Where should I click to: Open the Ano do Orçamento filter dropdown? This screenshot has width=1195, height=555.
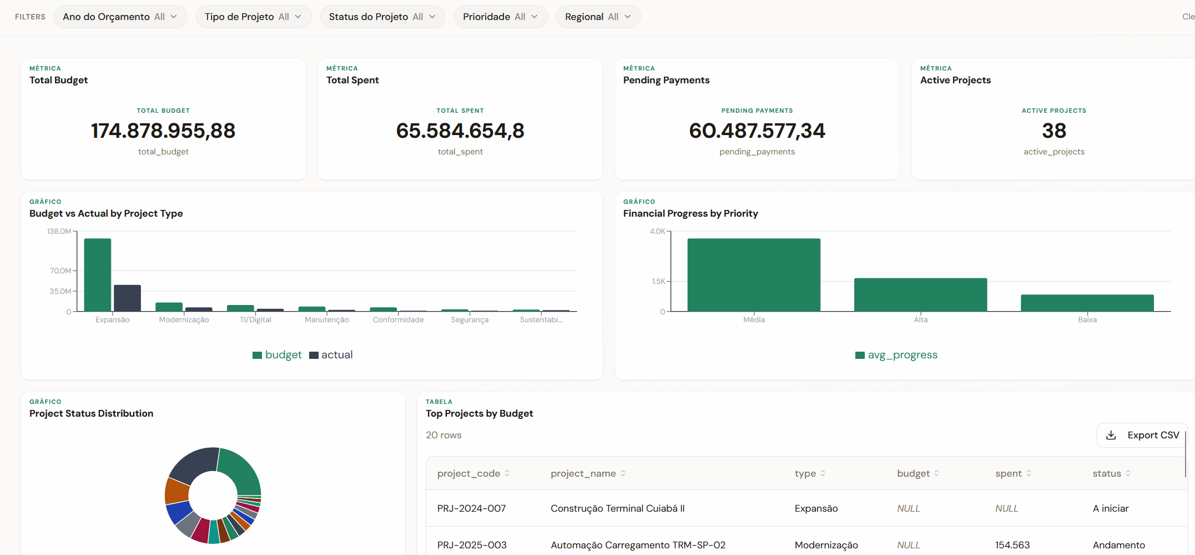point(120,17)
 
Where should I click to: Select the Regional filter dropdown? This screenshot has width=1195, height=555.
point(598,17)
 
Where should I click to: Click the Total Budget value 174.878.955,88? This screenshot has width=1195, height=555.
point(163,131)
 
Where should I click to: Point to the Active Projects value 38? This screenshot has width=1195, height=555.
point(1053,131)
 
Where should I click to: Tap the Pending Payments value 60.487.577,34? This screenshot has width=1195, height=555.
point(757,131)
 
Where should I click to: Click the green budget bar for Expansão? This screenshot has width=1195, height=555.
point(98,275)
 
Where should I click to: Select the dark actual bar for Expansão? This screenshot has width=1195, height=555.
point(127,298)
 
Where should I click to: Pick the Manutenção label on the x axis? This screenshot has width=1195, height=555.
point(327,320)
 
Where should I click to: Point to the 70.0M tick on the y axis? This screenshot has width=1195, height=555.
point(60,271)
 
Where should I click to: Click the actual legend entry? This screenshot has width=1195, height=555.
point(331,355)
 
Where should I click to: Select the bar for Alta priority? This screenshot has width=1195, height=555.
point(920,294)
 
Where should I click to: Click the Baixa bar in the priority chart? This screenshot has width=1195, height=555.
point(1087,303)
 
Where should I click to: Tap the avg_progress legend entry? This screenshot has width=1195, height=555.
point(896,355)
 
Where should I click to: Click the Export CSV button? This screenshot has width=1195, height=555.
point(1142,435)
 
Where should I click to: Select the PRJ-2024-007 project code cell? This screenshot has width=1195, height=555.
point(471,508)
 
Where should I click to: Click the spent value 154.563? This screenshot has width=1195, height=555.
point(1012,545)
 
